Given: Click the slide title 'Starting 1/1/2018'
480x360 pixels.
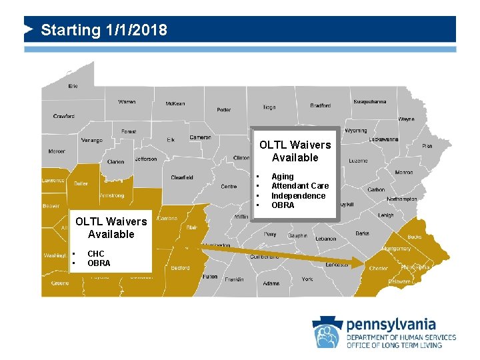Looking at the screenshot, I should tap(104, 30).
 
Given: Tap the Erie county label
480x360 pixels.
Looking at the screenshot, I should tap(73, 86).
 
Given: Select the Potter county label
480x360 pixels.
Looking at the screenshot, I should tap(224, 109).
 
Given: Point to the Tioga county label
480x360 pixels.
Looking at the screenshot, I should tap(269, 107).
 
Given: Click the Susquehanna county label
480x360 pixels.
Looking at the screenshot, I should tap(369, 102).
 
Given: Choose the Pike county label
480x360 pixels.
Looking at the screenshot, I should tap(427, 145).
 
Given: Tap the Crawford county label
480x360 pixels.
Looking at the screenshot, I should tap(64, 116).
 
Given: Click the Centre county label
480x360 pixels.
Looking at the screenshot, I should tap(229, 187).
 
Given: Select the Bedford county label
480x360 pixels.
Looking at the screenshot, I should tap(180, 268).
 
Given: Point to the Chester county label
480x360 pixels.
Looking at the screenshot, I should tap(379, 269).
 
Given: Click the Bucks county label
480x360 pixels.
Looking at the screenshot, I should tap(414, 237).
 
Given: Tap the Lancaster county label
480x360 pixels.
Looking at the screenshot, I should tap(337, 265).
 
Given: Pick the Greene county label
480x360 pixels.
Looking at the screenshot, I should tap(60, 283).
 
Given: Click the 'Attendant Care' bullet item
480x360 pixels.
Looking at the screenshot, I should tap(300, 186).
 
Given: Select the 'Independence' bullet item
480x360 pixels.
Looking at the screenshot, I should tap(298, 195).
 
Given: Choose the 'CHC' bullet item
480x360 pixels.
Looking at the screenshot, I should tap(96, 254).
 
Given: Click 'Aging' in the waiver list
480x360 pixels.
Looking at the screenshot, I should tap(283, 177).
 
